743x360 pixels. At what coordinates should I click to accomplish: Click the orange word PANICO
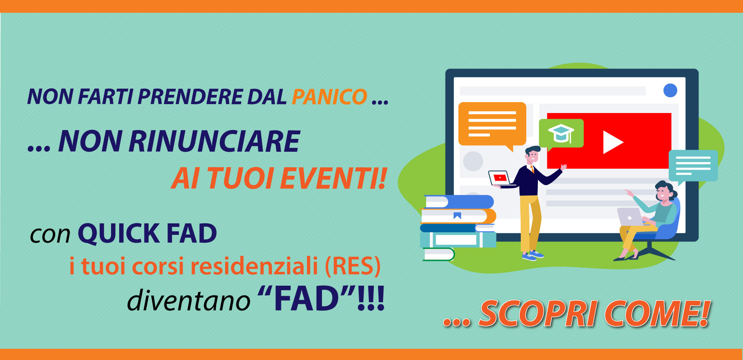click(329, 97)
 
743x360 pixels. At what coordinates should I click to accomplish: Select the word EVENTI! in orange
click(333, 178)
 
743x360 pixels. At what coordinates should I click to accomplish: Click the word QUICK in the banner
click(119, 233)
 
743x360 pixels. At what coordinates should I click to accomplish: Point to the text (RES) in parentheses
click(353, 266)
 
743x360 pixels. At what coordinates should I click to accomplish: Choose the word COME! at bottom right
click(657, 314)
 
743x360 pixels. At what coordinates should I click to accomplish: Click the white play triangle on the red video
click(613, 142)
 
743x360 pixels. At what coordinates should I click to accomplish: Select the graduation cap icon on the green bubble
click(561, 133)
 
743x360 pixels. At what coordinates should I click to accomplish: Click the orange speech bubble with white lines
click(492, 125)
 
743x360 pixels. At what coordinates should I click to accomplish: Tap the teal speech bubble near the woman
click(693, 166)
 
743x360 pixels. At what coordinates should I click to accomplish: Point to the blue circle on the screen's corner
click(670, 91)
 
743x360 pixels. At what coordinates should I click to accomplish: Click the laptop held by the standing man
click(500, 178)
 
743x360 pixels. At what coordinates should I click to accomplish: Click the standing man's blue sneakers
click(533, 255)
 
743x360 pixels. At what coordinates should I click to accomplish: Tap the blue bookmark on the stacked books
click(457, 216)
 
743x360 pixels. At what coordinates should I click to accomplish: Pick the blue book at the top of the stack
click(459, 202)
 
